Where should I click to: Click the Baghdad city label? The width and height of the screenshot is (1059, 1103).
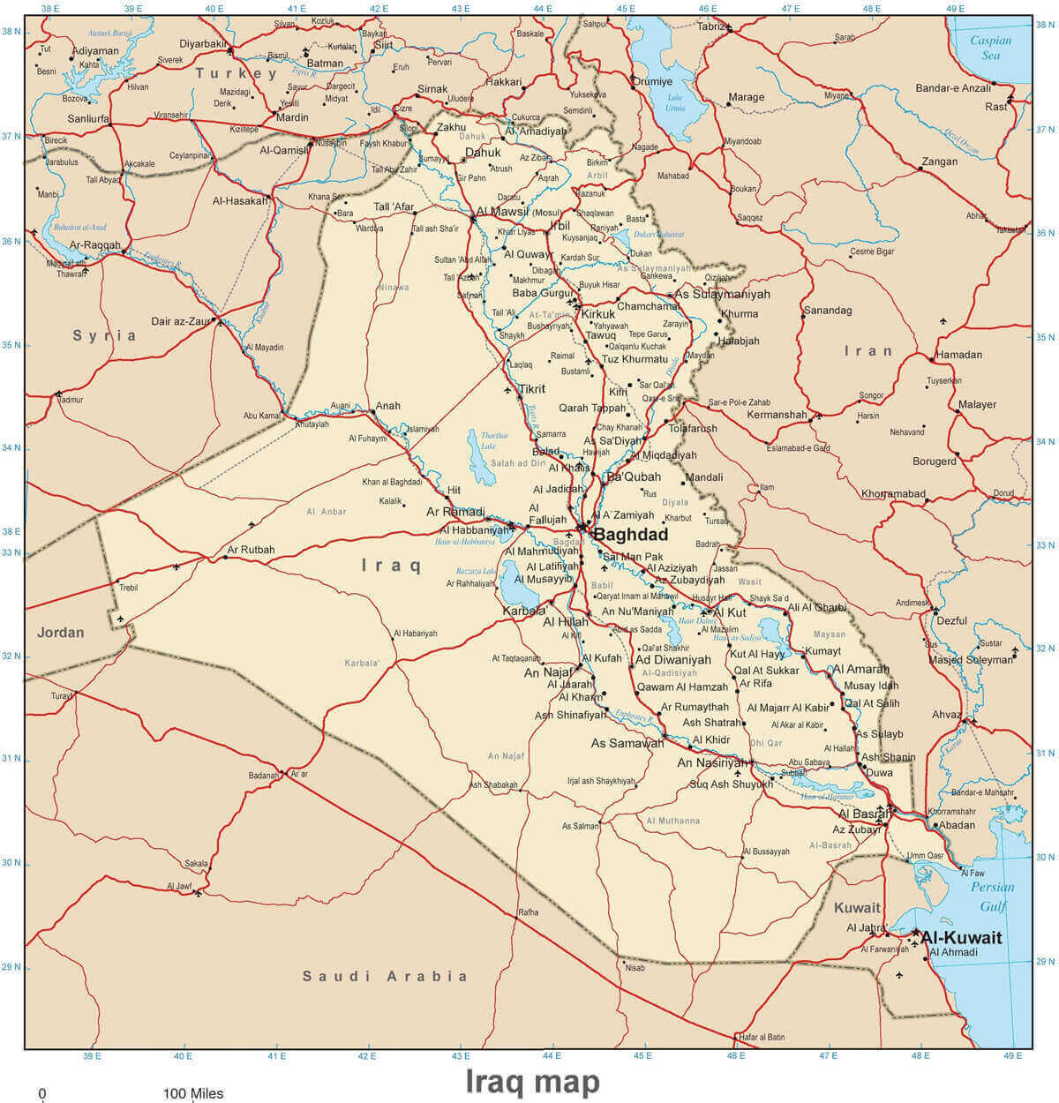[630, 535]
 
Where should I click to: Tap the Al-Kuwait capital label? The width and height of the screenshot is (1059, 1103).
[961, 938]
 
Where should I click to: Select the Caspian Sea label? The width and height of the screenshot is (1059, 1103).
[990, 48]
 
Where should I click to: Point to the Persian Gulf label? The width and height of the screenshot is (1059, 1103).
[993, 897]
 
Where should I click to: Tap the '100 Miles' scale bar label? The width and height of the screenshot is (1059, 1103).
[192, 1093]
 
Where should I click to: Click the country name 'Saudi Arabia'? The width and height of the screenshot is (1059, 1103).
[385, 976]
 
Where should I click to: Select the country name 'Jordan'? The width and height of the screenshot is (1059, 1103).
[61, 633]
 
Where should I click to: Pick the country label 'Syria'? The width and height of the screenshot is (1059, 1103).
[105, 335]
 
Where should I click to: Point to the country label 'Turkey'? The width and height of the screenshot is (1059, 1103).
[237, 73]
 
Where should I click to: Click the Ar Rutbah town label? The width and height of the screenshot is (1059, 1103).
[251, 550]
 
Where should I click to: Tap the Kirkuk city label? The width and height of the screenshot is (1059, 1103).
[598, 314]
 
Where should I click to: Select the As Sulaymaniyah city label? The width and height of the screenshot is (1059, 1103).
[722, 294]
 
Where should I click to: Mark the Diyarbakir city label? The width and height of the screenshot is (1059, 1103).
[204, 43]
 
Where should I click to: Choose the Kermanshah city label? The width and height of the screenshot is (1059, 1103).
[777, 415]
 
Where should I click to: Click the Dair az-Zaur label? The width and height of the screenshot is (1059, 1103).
[181, 322]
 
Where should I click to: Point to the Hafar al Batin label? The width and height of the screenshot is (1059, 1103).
[762, 1037]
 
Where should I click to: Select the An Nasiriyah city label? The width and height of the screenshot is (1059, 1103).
[711, 762]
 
